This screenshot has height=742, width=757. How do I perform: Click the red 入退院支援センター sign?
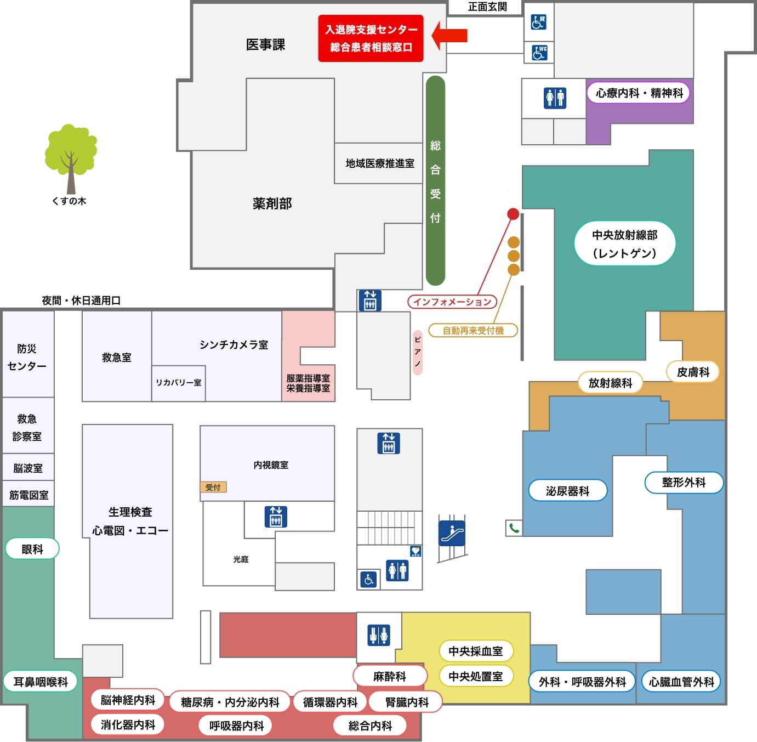tap(371, 38)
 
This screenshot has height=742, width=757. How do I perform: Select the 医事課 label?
tap(265, 45)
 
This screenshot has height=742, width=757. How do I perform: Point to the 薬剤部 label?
tap(272, 203)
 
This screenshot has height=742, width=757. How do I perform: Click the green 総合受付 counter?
tap(435, 181)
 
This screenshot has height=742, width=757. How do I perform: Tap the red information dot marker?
tap(513, 214)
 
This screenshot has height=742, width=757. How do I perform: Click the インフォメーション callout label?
tap(452, 302)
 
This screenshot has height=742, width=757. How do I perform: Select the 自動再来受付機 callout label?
tap(473, 331)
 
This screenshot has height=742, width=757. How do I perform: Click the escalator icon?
tap(452, 533)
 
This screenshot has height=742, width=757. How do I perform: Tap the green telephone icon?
tap(514, 528)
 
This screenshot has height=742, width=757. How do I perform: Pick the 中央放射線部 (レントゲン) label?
tap(624, 243)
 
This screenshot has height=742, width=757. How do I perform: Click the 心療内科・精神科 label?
tap(639, 93)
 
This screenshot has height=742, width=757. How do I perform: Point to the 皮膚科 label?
tap(693, 372)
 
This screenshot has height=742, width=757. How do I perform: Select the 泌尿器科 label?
tap(567, 491)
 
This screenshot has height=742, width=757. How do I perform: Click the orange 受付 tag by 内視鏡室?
tap(213, 487)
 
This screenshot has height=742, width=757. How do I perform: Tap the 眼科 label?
tap(32, 549)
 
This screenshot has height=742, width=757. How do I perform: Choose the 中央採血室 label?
tap(475, 651)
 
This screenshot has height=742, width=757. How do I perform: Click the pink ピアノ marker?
tap(418, 352)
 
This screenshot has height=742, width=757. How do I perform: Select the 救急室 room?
tap(117, 357)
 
